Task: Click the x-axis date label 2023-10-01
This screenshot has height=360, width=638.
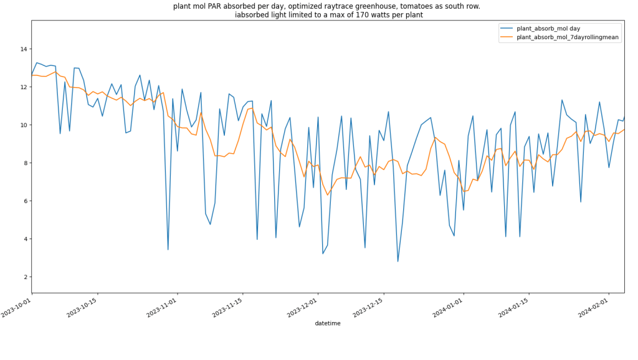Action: pyautogui.click(x=17, y=308)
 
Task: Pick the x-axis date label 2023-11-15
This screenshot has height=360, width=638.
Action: pyautogui.click(x=227, y=308)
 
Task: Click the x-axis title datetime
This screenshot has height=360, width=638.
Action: pyautogui.click(x=328, y=323)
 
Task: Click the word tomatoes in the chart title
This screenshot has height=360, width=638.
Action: pyautogui.click(x=399, y=6)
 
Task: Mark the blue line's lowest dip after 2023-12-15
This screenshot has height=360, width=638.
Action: pyautogui.click(x=398, y=261)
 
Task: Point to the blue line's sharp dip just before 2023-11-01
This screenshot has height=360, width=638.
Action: pyautogui.click(x=168, y=250)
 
